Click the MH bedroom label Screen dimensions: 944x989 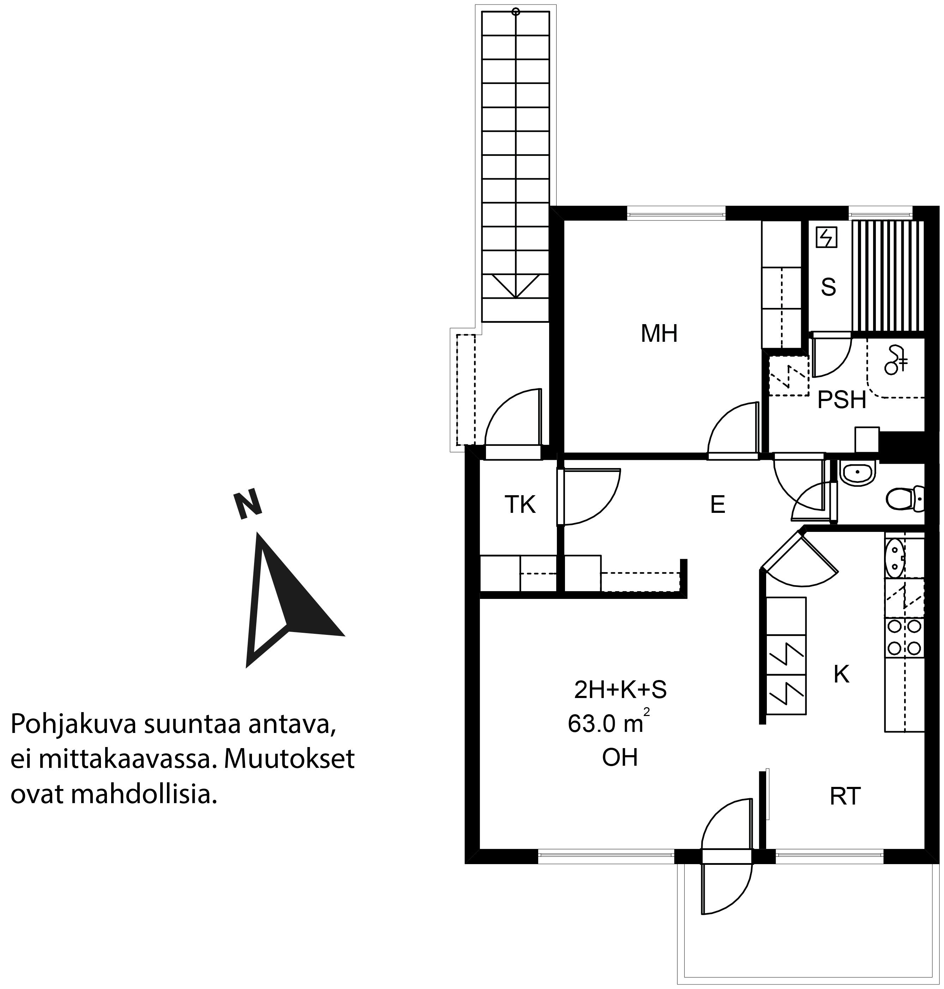tap(659, 334)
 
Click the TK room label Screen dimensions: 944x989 tap(520, 505)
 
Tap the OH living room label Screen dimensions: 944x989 tap(620, 758)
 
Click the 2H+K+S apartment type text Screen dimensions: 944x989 tap(620, 690)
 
